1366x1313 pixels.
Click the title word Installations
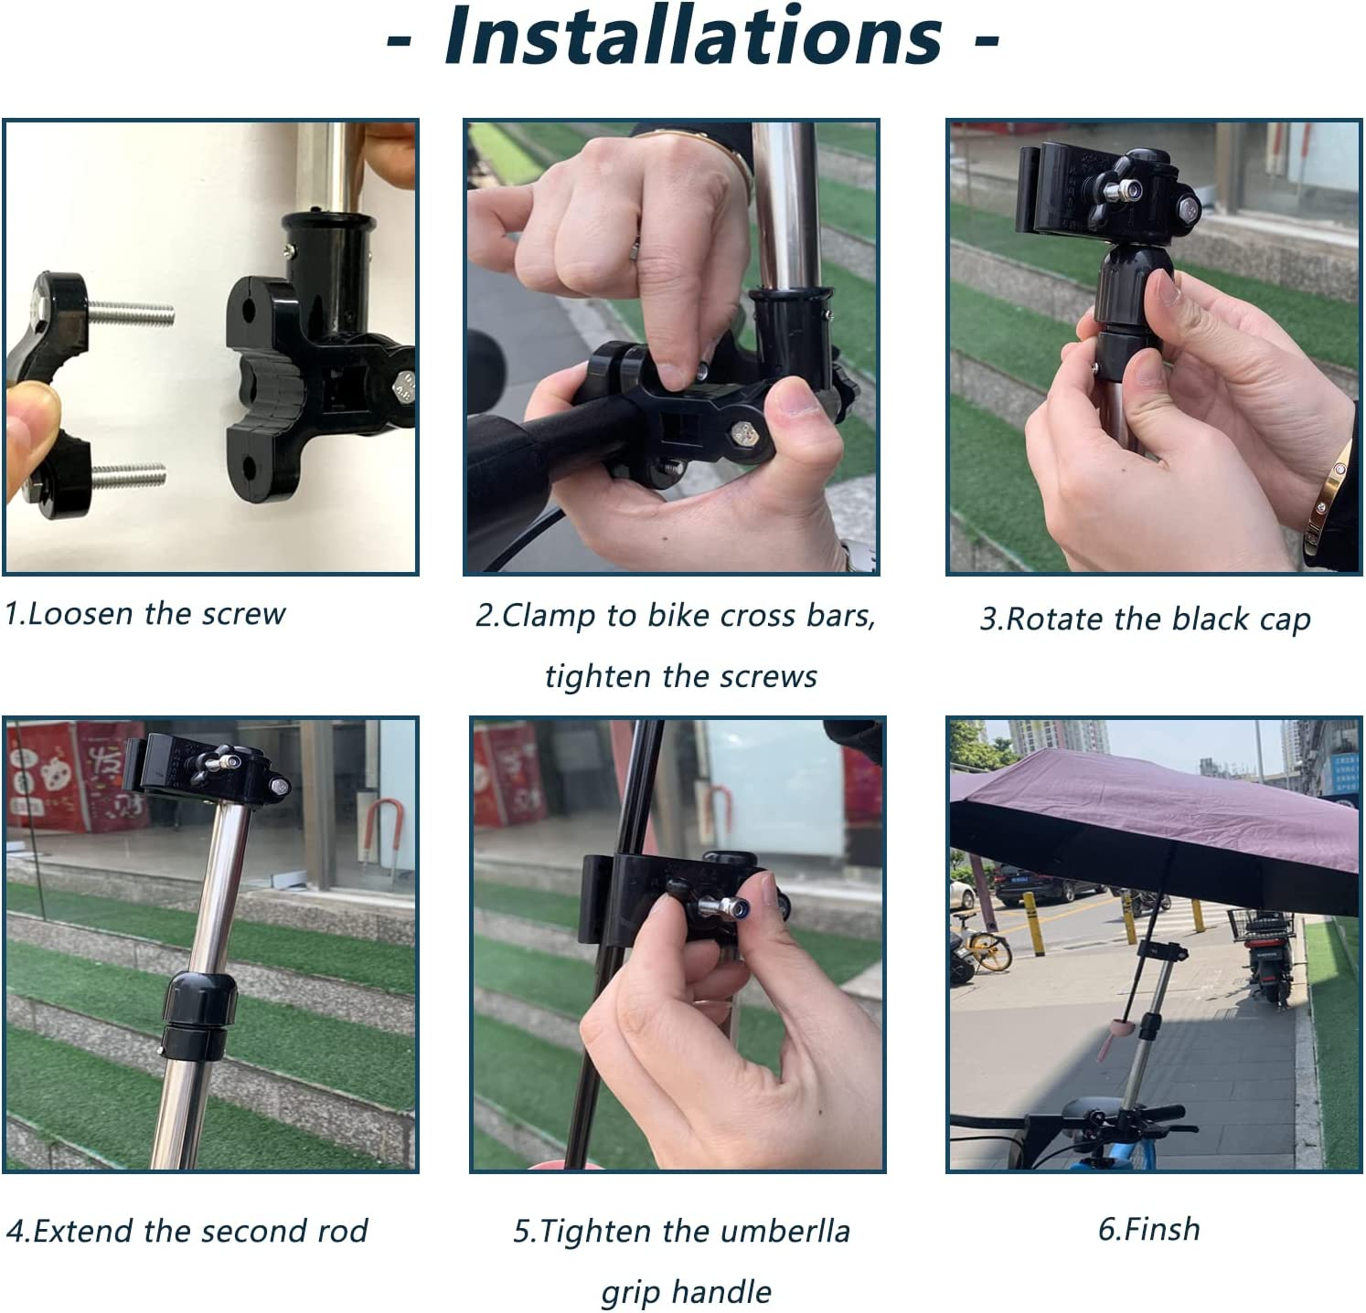[x=692, y=37]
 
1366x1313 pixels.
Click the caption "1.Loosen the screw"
[x=144, y=614]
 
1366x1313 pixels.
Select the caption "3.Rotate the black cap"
[x=1145, y=619]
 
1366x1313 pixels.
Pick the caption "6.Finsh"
[x=1148, y=1229]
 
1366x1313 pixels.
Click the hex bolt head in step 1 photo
[x=408, y=388]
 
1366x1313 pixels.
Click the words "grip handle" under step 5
[x=686, y=1292]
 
